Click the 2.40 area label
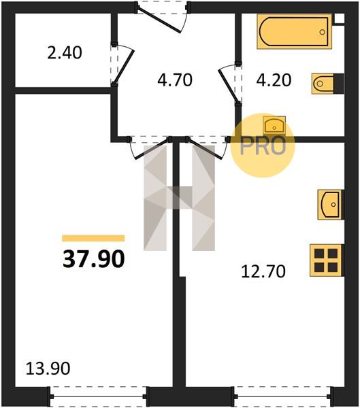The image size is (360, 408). (x=65, y=52)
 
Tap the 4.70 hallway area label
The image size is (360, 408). (x=175, y=80)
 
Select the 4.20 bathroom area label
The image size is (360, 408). (x=274, y=80)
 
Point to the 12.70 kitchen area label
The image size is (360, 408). (x=263, y=271)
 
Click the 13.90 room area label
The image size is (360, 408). (x=48, y=369)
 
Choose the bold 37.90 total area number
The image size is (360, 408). (x=94, y=259)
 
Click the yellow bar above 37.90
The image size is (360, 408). (x=93, y=238)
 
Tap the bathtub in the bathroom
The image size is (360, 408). (x=294, y=31)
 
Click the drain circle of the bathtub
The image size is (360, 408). (x=323, y=32)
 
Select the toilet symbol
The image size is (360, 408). (x=327, y=84)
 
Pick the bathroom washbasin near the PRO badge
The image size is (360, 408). (x=274, y=126)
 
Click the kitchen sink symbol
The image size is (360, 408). (x=331, y=205)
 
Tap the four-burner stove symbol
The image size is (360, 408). (x=327, y=260)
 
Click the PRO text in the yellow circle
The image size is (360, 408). (x=263, y=146)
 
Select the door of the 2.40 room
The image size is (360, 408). (x=124, y=67)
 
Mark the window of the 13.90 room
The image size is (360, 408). (x=98, y=396)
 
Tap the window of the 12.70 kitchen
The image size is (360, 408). (x=283, y=396)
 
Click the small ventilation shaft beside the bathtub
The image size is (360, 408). (x=339, y=19)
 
